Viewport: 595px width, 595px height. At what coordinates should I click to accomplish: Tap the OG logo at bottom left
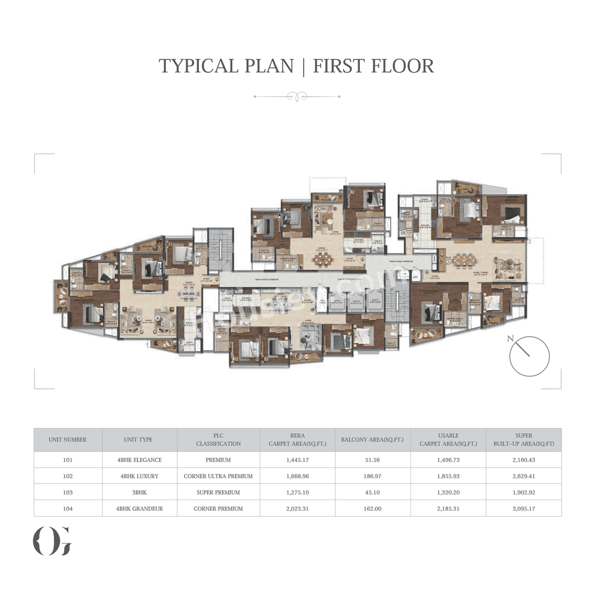pyautogui.click(x=52, y=541)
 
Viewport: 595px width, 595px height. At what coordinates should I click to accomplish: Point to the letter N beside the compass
pyautogui.click(x=510, y=338)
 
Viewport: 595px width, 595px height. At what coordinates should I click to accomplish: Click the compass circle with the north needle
pyautogui.click(x=529, y=357)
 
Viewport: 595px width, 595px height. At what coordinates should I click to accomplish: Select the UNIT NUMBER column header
pyautogui.click(x=68, y=440)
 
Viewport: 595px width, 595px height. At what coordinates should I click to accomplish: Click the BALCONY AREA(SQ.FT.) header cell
pyautogui.click(x=372, y=440)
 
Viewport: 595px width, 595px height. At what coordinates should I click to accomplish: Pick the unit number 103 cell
pyautogui.click(x=68, y=492)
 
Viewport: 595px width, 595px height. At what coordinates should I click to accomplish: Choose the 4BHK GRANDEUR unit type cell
pyautogui.click(x=139, y=509)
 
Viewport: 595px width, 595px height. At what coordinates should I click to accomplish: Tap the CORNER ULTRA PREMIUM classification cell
pyautogui.click(x=218, y=476)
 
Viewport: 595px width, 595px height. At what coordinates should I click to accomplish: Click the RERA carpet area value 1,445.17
pyautogui.click(x=297, y=460)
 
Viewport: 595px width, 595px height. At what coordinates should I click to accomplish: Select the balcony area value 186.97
pyautogui.click(x=372, y=476)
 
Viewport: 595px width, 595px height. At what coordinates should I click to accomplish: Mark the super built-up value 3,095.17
pyautogui.click(x=523, y=509)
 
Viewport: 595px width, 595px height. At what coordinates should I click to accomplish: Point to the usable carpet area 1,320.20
pyautogui.click(x=448, y=492)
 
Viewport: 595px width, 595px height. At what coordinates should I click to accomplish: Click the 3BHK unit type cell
pyautogui.click(x=139, y=492)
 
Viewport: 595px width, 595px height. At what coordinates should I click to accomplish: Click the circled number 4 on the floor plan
pyautogui.click(x=426, y=273)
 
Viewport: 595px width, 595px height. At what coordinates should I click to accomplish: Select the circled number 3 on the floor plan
pyautogui.click(x=362, y=259)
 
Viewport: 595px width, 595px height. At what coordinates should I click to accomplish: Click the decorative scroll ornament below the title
pyautogui.click(x=297, y=97)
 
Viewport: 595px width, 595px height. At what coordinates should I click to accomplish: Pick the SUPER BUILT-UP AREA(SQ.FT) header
pyautogui.click(x=523, y=440)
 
